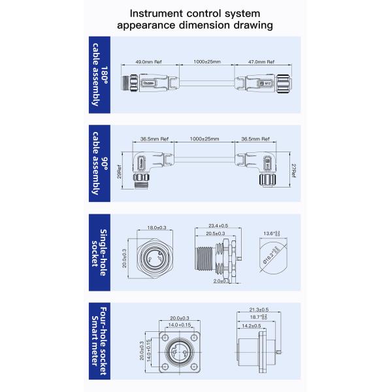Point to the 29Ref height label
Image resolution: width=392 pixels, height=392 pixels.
pyautogui.click(x=119, y=171)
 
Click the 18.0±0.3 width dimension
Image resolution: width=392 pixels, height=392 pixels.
pyautogui.click(x=156, y=227)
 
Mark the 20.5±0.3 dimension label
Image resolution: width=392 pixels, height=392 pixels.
pyautogui.click(x=216, y=233)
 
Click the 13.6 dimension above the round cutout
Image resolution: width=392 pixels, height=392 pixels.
pyautogui.click(x=269, y=233)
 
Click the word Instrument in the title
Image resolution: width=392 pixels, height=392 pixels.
pyautogui.click(x=161, y=12)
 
